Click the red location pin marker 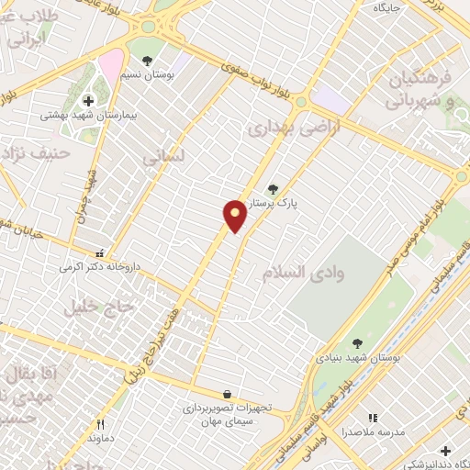[235, 216]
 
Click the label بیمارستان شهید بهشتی [89, 117]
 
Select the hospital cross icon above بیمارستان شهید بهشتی [88, 101]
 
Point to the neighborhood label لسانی [163, 158]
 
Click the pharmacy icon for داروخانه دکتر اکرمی [100, 252]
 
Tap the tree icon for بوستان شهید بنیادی [357, 344]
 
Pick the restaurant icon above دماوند [101, 425]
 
